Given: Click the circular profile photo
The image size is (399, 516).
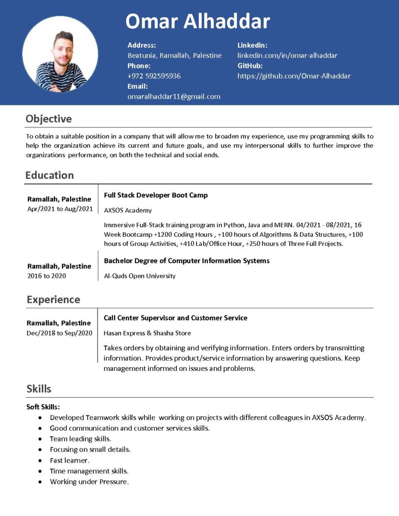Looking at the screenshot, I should pos(60,53).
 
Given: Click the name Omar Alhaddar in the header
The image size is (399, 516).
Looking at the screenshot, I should pos(197,21).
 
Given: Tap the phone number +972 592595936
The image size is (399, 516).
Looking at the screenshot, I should pos(154,76).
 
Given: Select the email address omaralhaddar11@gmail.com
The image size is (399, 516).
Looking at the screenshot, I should pos(174,96).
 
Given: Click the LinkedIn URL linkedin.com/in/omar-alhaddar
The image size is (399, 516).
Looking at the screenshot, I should pos(287,55).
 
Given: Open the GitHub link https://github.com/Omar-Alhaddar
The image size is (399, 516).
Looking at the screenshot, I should pos(294,76).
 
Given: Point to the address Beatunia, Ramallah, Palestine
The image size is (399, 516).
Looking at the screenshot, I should pos(174,55).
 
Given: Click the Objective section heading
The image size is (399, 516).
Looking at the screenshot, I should pos(49,119).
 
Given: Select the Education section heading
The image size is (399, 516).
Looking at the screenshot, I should pos(49,175).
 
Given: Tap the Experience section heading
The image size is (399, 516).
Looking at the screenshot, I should pos(53,299).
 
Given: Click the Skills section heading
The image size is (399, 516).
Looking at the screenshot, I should pos(39,389).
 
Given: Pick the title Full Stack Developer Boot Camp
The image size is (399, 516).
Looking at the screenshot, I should pos(155,195).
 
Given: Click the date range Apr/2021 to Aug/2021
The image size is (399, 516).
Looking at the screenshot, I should pos(60,209).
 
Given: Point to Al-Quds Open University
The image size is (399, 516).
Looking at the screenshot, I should pos(139,276).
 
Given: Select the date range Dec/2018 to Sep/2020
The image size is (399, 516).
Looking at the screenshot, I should pos(60,333).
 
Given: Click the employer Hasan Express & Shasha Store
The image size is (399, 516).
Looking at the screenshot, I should pos(147,333).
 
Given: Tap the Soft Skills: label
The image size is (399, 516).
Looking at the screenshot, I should pos(43,407).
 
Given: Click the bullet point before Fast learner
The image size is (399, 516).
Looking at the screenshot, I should pos(40,461).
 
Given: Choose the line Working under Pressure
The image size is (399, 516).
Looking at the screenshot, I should pos(89,482).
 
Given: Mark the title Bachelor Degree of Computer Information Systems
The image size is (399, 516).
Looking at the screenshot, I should pos(187,261).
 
